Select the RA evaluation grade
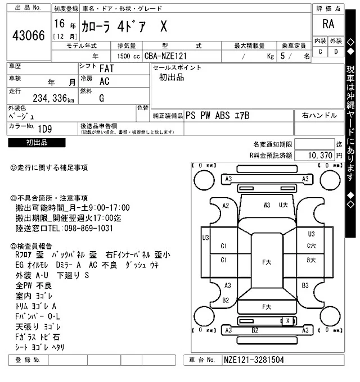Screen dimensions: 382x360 (328, 24)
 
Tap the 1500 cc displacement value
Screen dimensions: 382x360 (125, 56)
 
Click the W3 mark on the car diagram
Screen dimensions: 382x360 (267, 205)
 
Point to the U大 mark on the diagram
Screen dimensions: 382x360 (283, 205)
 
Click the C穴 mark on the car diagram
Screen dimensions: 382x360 (311, 245)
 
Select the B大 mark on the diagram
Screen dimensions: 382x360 (311, 260)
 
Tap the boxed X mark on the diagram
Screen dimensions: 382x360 (288, 320)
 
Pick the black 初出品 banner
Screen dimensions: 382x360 (37, 143)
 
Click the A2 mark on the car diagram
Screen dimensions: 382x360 (226, 206)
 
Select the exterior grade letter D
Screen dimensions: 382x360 (336, 52)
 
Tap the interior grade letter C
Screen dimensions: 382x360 (321, 52)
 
